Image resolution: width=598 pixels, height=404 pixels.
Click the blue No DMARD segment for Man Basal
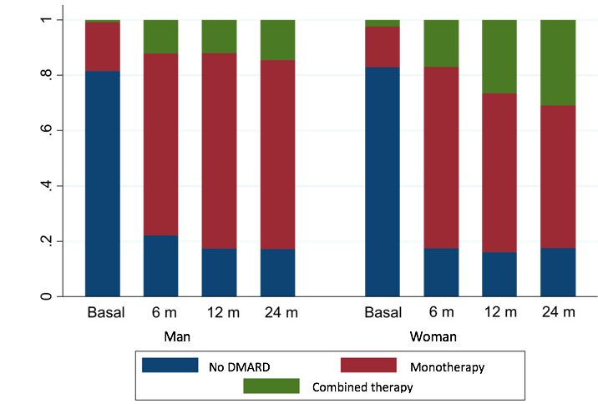pos(103,184)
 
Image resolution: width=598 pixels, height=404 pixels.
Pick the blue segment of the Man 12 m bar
pos(220,272)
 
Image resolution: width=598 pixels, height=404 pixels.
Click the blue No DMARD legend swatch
pos(170,366)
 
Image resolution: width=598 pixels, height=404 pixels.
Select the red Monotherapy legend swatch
pos(369,366)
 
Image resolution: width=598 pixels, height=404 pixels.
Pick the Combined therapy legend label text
pos(362,387)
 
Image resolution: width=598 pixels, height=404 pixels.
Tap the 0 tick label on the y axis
pos(48,296)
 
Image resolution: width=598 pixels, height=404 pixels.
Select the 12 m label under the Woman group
pos(500,313)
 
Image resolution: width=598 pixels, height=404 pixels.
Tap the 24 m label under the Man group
pos(278,313)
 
